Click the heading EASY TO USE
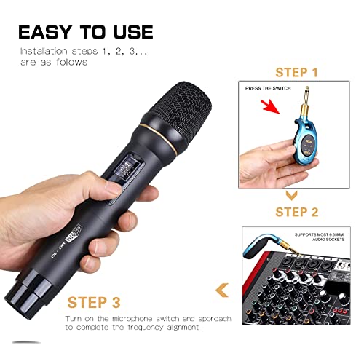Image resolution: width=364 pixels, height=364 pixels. [x=85, y=32]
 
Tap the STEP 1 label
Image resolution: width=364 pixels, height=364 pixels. [x=296, y=73]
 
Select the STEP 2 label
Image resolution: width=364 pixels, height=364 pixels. [x=296, y=212]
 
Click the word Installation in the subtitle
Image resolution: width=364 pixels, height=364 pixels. [x=44, y=51]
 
